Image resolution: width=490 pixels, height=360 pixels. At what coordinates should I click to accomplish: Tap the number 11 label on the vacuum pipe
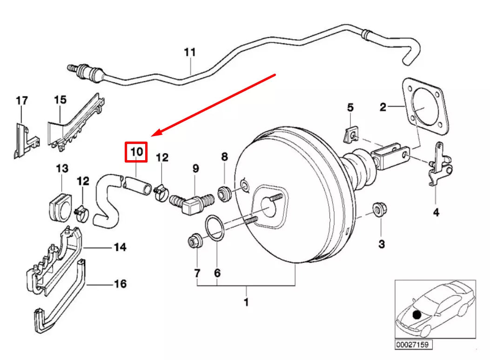coord(189,52)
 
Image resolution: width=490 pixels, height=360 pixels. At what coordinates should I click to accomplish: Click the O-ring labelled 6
coord(213,227)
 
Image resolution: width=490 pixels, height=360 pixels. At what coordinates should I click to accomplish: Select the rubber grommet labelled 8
coord(224,192)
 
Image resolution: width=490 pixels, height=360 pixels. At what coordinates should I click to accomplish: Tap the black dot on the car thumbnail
coord(416,315)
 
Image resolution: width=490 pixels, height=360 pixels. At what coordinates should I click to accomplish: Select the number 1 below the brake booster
coord(246,302)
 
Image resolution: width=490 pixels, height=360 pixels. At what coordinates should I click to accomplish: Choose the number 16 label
coord(120,283)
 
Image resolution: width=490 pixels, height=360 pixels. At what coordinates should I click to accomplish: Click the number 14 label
coord(120,247)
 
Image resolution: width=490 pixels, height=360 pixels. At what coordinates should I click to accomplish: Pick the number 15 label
coord(60,100)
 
